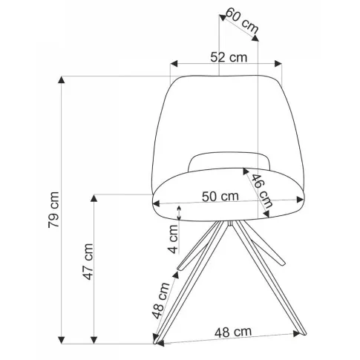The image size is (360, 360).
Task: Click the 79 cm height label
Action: (53, 209)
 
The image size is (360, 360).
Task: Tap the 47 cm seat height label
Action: (88, 262)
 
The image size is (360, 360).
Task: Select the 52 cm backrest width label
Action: (229, 57)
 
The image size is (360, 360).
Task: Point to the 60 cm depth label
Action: (242, 21)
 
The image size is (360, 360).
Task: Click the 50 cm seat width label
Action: (220, 197)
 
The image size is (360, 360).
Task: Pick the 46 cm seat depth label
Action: (262, 191)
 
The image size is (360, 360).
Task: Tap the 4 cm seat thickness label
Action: (174, 239)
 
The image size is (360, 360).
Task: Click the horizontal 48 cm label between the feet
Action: (233, 333)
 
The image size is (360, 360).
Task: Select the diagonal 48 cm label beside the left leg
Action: (160, 300)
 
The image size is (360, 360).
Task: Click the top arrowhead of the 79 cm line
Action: (61, 79)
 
